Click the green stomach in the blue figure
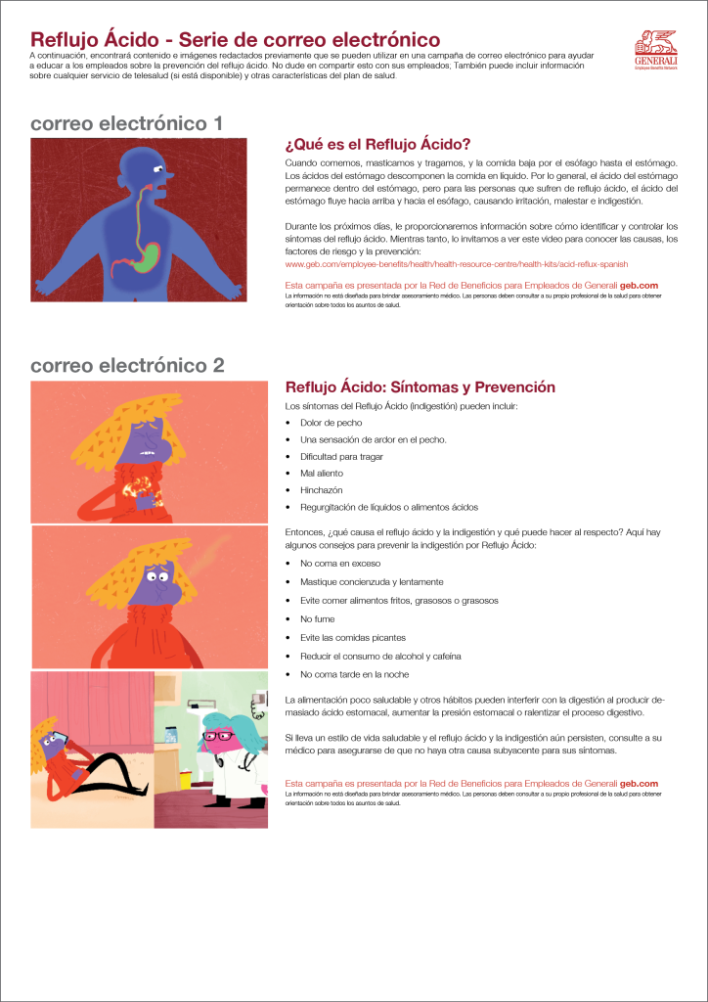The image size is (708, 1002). click(147, 257)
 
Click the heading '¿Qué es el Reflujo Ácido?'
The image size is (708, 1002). click(377, 144)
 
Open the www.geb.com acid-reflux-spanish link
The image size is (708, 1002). click(456, 264)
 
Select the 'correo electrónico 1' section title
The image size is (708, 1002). click(127, 124)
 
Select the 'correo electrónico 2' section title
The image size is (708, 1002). click(127, 366)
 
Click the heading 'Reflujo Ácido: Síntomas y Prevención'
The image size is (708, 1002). click(420, 387)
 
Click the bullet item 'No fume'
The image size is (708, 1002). click(317, 618)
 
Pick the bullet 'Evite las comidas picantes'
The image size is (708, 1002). click(351, 636)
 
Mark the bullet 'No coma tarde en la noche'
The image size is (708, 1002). click(354, 674)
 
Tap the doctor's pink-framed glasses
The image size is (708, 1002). click(219, 734)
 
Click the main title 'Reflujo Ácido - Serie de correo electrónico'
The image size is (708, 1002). click(235, 40)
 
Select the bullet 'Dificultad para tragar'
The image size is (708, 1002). click(341, 456)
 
